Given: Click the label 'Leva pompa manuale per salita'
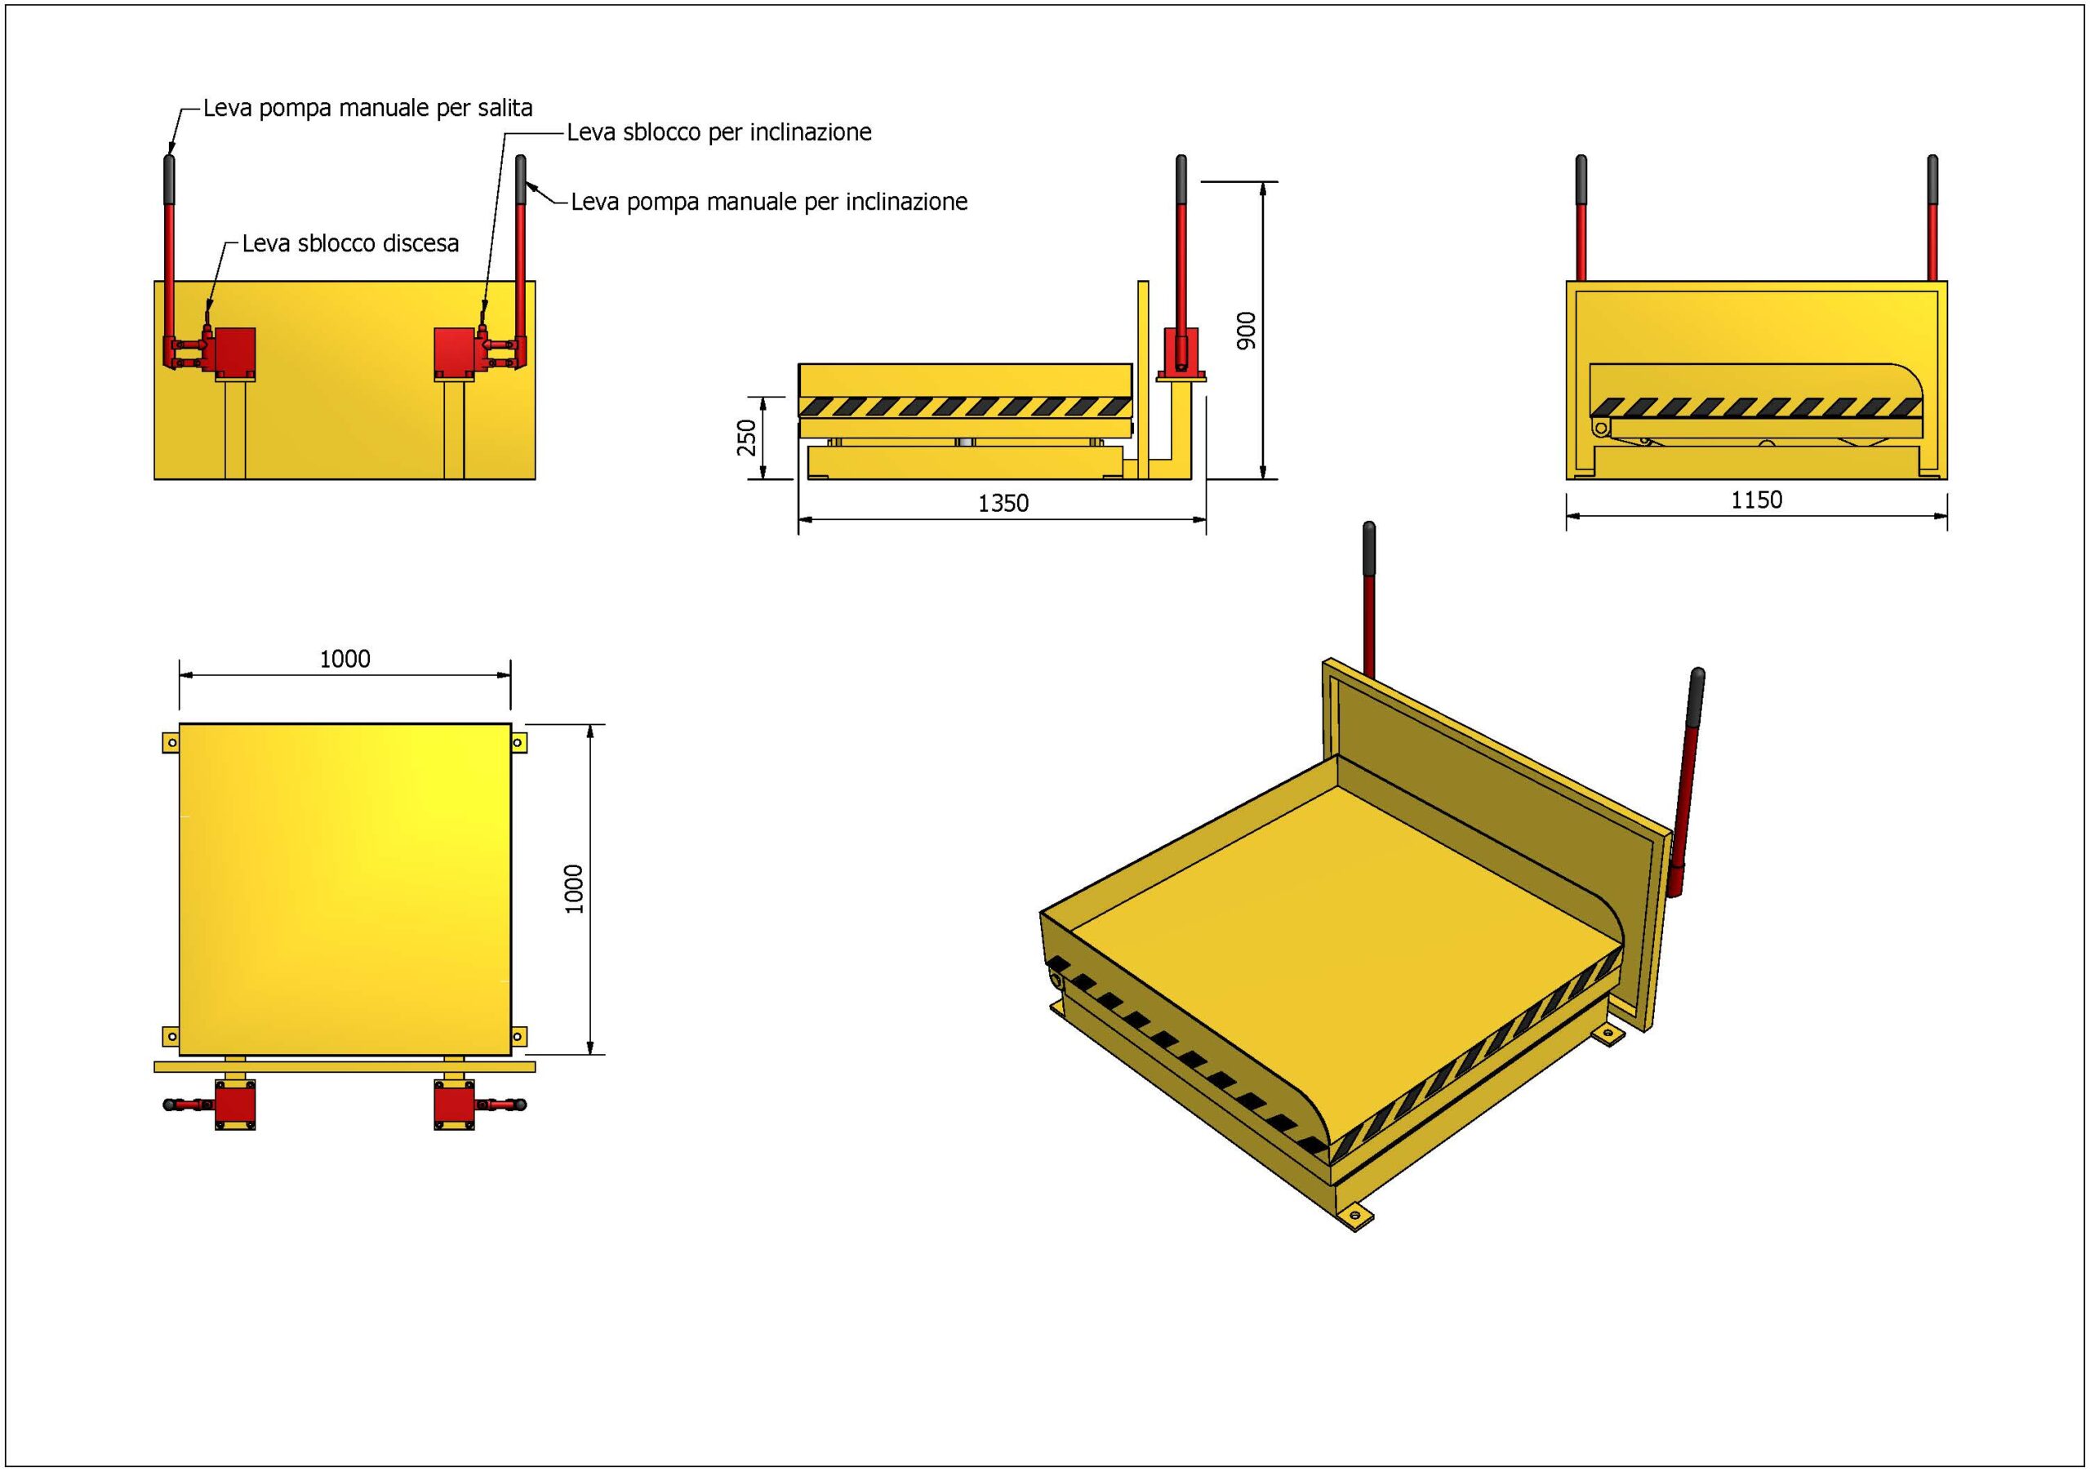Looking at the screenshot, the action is [x=367, y=109].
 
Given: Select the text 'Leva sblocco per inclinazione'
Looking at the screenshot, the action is [x=719, y=133].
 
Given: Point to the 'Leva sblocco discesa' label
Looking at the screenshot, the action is [x=350, y=244].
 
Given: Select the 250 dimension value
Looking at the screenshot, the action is [x=746, y=437].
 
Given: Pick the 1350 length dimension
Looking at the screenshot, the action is [x=1003, y=504].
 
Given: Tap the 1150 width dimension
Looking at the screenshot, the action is [x=1756, y=500].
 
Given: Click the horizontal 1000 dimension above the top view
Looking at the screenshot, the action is [x=345, y=659].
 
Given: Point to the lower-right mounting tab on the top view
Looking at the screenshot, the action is [x=519, y=1035].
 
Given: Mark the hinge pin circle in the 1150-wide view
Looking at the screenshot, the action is [x=1600, y=429].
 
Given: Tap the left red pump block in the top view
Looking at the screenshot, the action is [x=235, y=1105].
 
